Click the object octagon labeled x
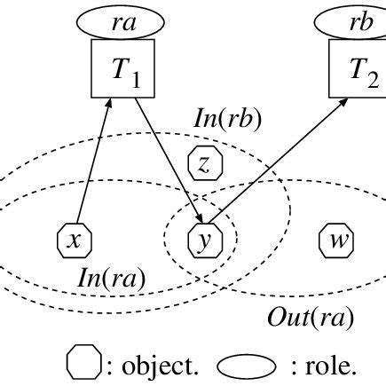[75, 240]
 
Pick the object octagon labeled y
[205, 240]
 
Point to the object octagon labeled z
[205, 162]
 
